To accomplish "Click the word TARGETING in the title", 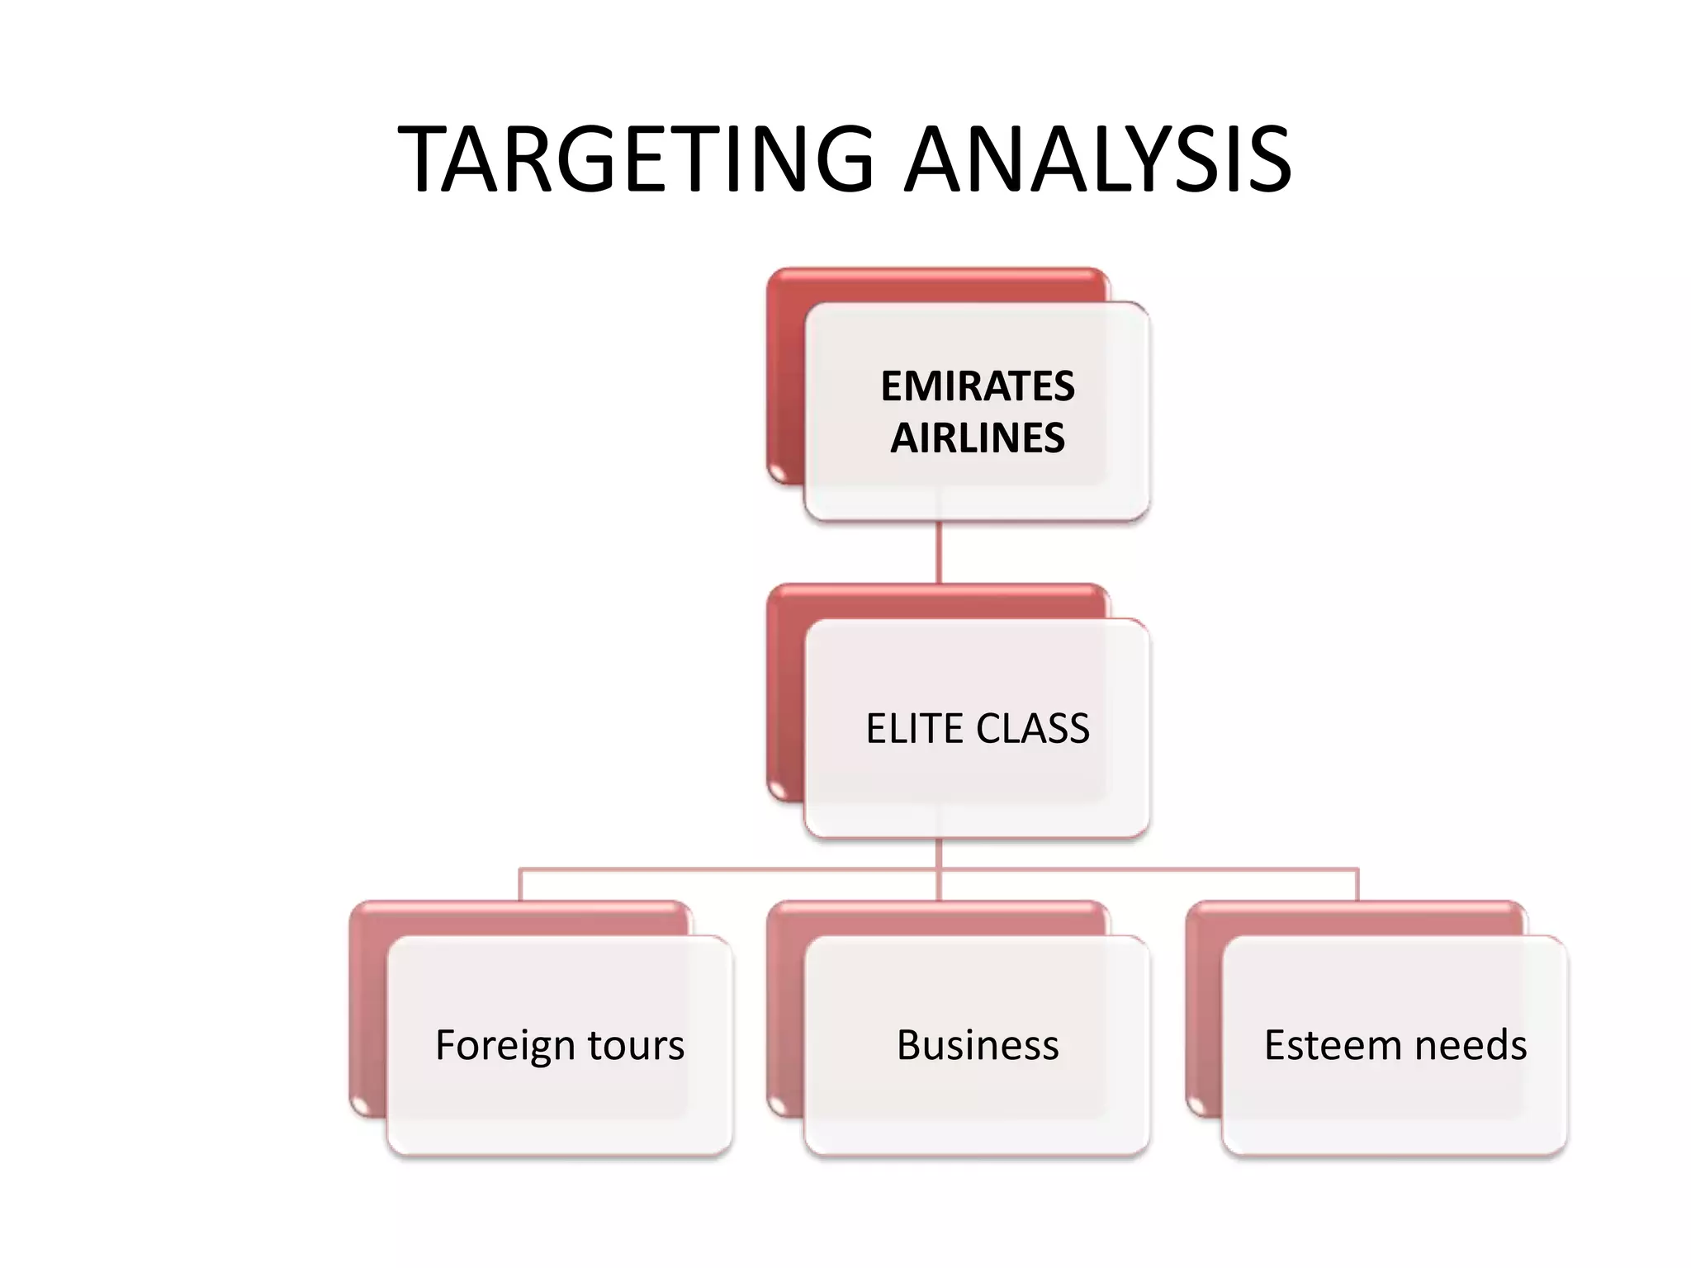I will pos(636,158).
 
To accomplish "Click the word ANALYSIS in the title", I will pos(1098,158).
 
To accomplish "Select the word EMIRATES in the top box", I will pos(978,386).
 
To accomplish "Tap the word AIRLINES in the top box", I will pos(978,438).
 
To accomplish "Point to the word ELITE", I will pos(913,728).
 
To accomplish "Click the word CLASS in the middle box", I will pos(1033,728).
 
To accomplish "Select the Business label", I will pos(978,1045).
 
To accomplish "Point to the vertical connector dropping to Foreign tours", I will pos(520,885).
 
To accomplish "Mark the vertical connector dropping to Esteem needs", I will pos(1357,885).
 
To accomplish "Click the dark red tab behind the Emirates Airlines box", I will pos(784,380).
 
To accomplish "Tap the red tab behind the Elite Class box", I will pos(784,693).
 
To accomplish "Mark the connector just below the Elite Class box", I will pos(939,854).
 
